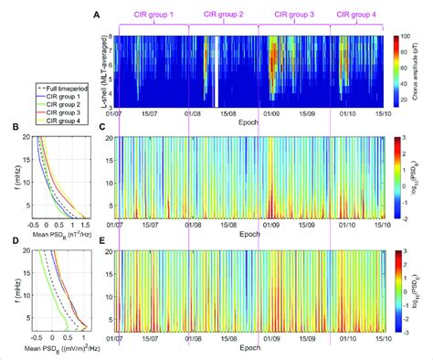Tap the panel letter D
[8, 241]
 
